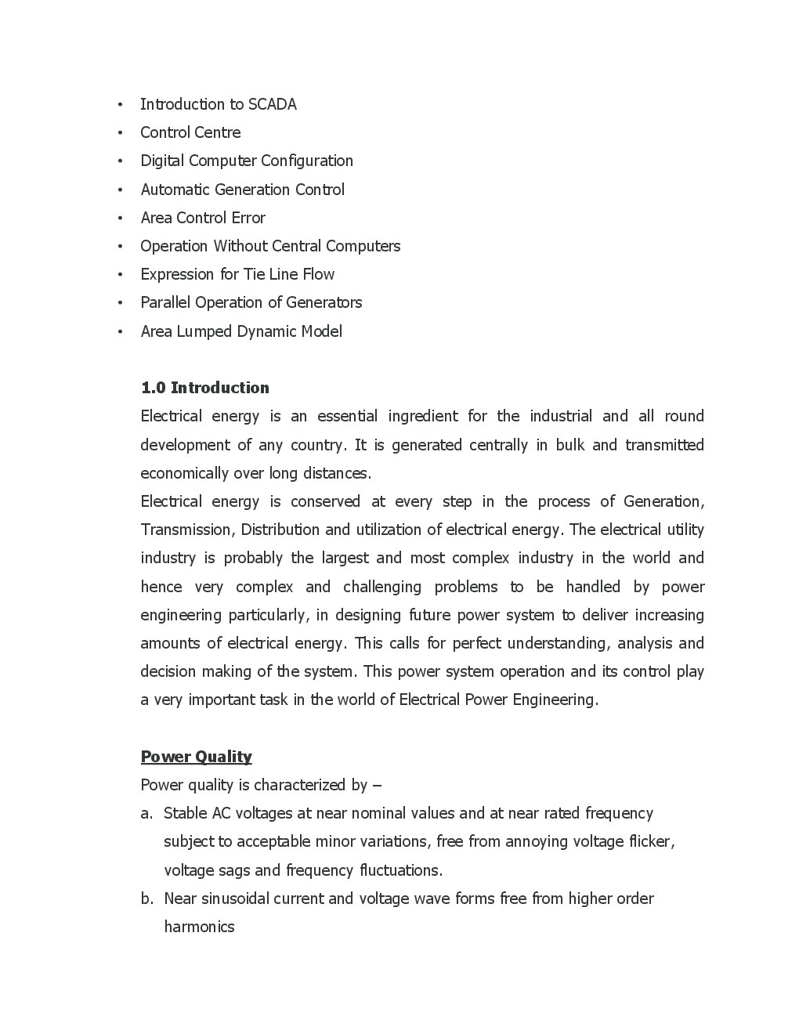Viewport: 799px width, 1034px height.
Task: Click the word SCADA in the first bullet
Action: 272,104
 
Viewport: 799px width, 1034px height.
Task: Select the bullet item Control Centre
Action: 190,132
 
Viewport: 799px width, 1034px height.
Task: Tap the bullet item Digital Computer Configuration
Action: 247,161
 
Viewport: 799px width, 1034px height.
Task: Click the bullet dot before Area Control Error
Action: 120,219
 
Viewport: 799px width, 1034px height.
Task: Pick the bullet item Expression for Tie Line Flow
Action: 237,274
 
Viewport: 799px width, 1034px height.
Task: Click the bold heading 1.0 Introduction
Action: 204,388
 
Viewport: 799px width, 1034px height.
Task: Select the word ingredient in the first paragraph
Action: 421,416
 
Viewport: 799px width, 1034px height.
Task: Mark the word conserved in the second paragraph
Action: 325,501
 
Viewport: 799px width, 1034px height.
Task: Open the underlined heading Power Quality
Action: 196,757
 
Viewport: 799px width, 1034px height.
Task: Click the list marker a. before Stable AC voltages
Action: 146,814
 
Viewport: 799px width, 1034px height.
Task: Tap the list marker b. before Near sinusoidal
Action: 146,898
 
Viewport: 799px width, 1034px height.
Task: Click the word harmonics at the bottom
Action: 199,927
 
